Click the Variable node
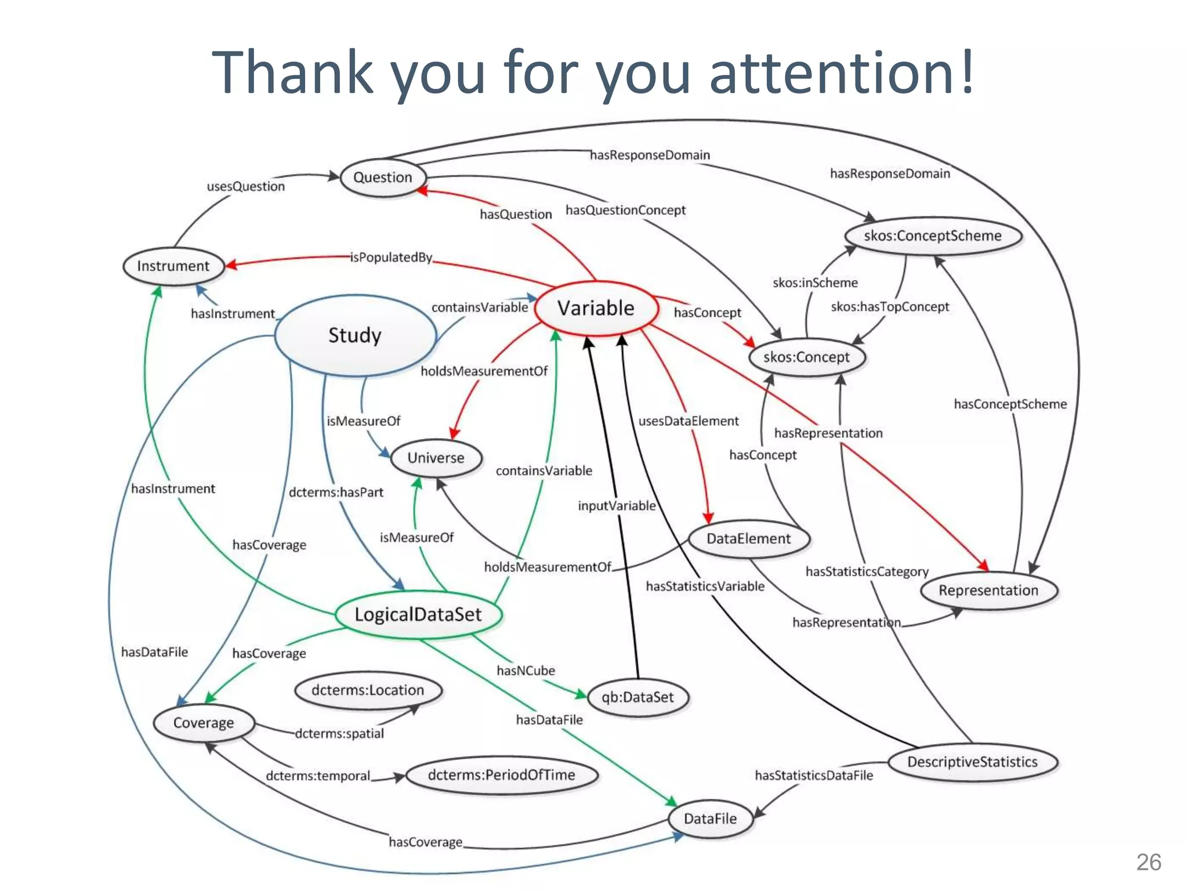tap(596, 308)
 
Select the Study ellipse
tap(355, 335)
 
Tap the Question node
tap(383, 178)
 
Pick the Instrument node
tap(173, 266)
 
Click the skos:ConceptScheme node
tap(933, 236)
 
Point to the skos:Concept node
tap(806, 357)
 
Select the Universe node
tap(436, 458)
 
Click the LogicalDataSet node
tap(418, 615)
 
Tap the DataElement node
tap(748, 539)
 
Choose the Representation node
tap(988, 591)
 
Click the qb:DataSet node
tap(638, 697)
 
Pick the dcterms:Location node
tap(368, 690)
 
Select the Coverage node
tap(204, 723)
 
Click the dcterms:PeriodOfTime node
tap(501, 775)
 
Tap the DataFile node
tap(710, 818)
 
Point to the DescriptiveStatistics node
tap(972, 762)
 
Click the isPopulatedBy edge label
tap(391, 258)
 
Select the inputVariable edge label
tap(617, 506)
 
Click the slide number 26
tap(1149, 863)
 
